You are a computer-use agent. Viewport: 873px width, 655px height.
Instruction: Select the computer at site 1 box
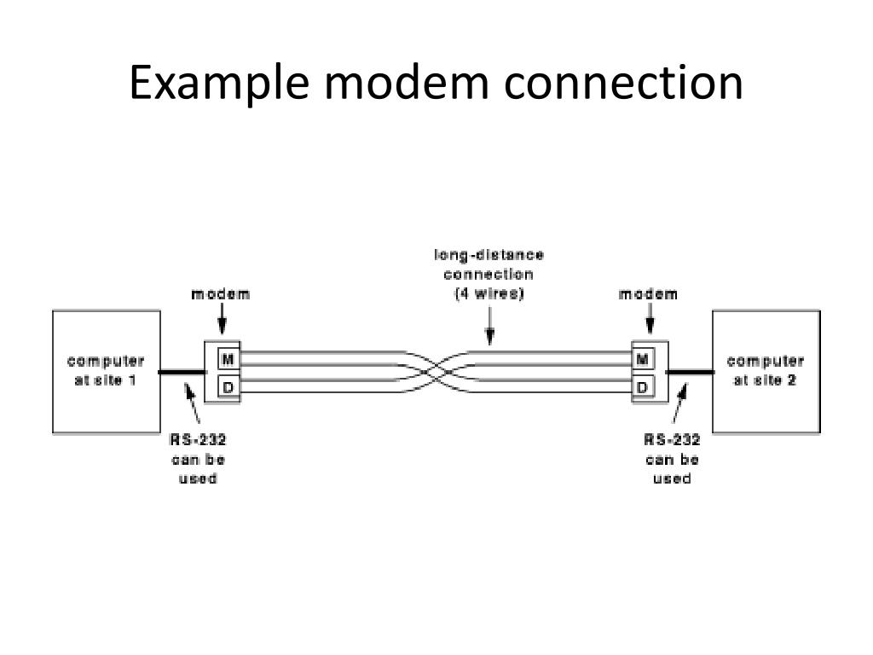click(x=107, y=372)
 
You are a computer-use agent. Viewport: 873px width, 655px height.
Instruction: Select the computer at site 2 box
click(x=766, y=372)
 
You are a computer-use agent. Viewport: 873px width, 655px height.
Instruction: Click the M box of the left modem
click(x=228, y=359)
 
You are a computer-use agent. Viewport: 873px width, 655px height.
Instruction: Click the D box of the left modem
click(x=228, y=387)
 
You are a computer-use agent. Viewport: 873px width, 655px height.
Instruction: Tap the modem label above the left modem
click(x=221, y=294)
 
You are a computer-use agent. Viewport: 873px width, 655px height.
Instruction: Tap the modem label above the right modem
click(x=648, y=294)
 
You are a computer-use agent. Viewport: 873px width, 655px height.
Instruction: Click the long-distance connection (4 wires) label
click(x=489, y=274)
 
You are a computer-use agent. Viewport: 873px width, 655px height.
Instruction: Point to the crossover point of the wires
click(x=436, y=371)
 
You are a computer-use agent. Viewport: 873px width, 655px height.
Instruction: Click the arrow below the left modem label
click(x=223, y=323)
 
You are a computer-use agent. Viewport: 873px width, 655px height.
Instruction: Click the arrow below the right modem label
click(x=650, y=323)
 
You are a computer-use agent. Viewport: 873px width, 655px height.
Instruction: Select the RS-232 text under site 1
click(x=197, y=440)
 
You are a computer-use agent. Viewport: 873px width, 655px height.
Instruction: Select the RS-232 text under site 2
click(x=672, y=440)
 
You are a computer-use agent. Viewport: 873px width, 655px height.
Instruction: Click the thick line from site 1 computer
click(x=182, y=372)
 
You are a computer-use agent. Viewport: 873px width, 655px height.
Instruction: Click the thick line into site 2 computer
click(x=689, y=372)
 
